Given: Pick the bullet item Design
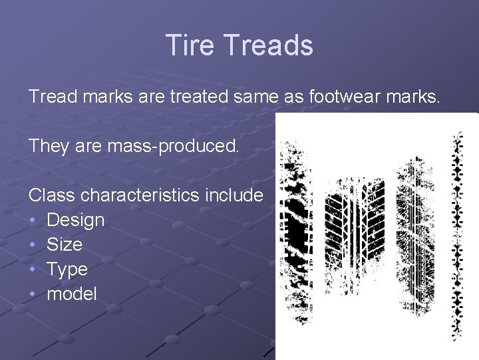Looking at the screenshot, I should click(x=75, y=219).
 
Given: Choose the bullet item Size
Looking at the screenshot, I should click(x=65, y=244).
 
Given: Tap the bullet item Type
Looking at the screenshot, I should click(x=67, y=269).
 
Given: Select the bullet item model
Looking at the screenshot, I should click(x=71, y=293).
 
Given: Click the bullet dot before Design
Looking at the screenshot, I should click(x=33, y=220).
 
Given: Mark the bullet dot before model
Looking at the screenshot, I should click(x=33, y=294).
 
